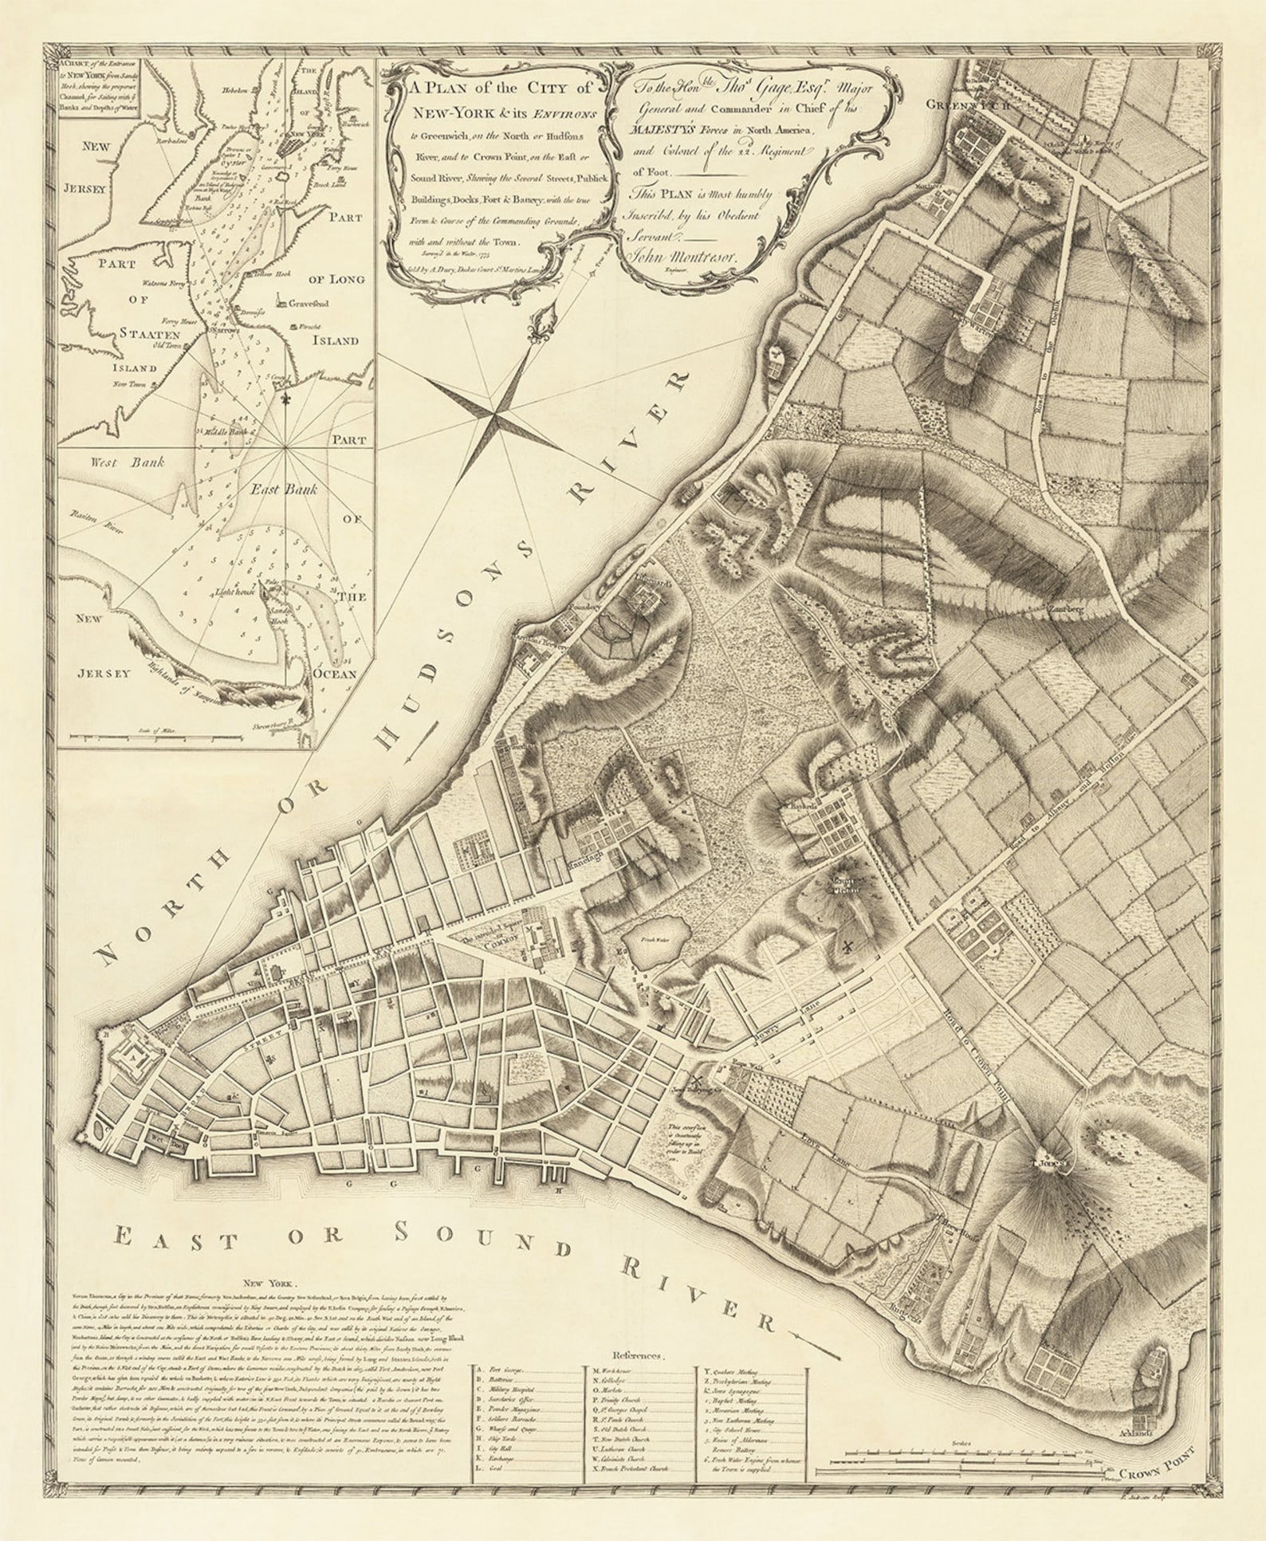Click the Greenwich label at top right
[x=966, y=104]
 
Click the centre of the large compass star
[x=496, y=415]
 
